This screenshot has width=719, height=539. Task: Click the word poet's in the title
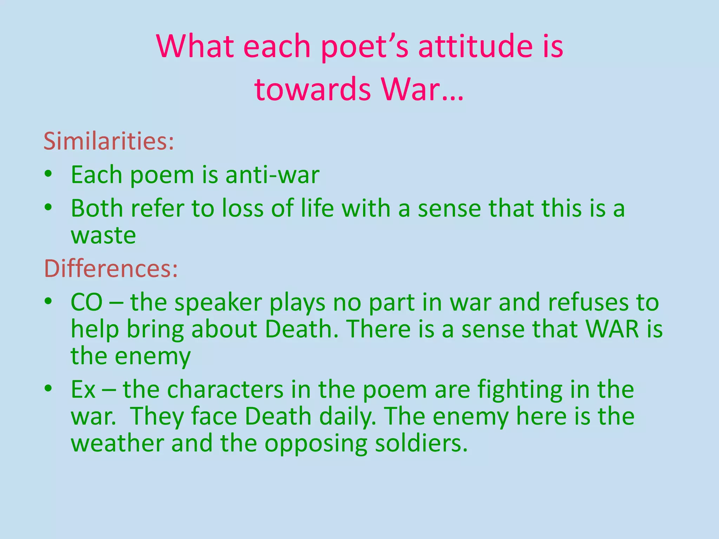point(365,47)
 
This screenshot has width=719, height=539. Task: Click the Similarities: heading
point(109,141)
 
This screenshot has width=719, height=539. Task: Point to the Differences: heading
point(111,268)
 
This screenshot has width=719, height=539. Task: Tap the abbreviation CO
point(86,302)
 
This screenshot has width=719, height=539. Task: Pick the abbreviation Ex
point(83,389)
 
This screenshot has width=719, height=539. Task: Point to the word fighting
point(520,390)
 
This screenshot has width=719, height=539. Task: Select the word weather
point(118,443)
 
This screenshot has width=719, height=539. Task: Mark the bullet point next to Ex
point(48,388)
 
